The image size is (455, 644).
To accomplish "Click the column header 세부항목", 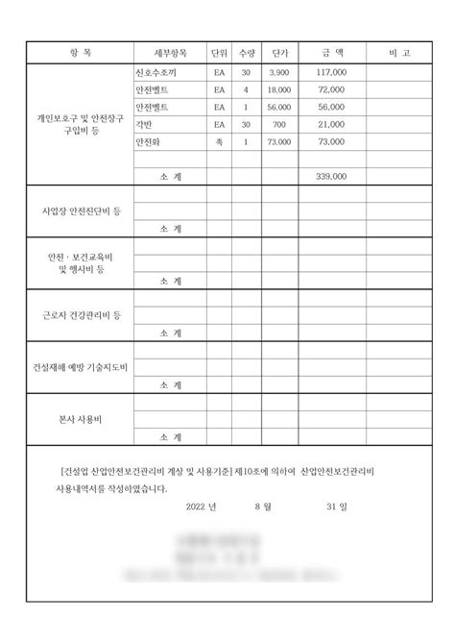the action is pyautogui.click(x=169, y=52).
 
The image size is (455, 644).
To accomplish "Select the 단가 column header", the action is pyautogui.click(x=281, y=52).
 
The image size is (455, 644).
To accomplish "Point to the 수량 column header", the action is pyautogui.click(x=246, y=52).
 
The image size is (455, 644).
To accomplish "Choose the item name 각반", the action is pyautogui.click(x=146, y=124).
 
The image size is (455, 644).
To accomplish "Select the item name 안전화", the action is pyautogui.click(x=149, y=141).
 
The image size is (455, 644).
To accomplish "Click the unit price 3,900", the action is pyautogui.click(x=279, y=72).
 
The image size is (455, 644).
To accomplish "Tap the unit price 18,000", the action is pyautogui.click(x=279, y=88).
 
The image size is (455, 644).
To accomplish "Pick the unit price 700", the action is pyautogui.click(x=279, y=124).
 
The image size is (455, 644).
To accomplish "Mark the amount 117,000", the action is pyautogui.click(x=331, y=72).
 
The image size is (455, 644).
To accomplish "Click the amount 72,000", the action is pyautogui.click(x=331, y=88).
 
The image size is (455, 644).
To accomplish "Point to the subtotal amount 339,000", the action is pyautogui.click(x=331, y=177).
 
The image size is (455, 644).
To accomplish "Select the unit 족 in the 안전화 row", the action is pyautogui.click(x=220, y=141).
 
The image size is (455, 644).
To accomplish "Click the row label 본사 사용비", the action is pyautogui.click(x=80, y=419).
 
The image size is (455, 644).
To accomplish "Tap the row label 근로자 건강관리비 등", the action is pyautogui.click(x=80, y=314).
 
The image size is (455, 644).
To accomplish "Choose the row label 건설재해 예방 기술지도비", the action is pyautogui.click(x=80, y=367).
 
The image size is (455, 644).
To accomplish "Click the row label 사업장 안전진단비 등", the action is pyautogui.click(x=80, y=209).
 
